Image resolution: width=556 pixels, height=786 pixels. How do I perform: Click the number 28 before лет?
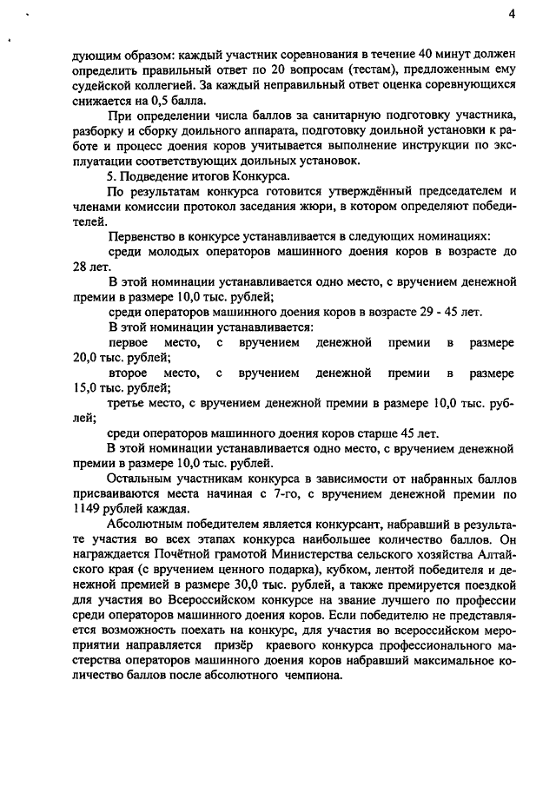point(83,267)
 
